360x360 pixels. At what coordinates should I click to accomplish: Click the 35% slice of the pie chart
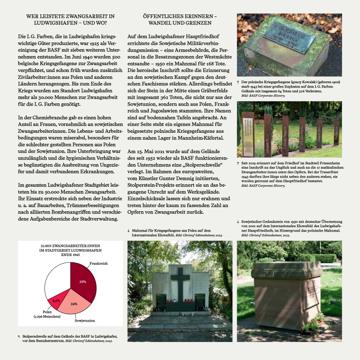point(83,280)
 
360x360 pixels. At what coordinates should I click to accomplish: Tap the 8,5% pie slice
point(56,300)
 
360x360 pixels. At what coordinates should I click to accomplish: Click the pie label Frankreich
point(98,264)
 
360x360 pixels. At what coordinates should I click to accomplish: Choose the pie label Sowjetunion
point(85,320)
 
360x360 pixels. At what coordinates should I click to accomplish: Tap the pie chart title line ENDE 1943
point(70,254)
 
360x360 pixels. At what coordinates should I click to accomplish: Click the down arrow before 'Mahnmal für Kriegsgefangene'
point(128,231)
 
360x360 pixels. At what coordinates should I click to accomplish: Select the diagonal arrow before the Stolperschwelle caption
point(19,337)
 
